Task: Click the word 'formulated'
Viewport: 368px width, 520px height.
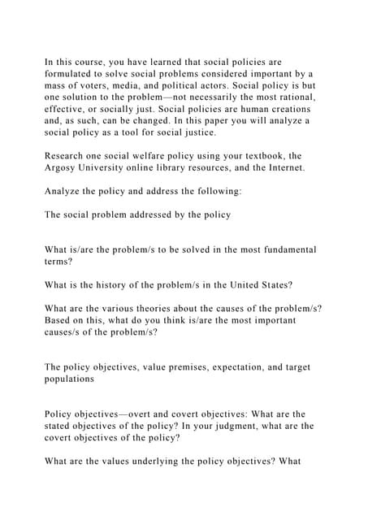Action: [71, 73]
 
